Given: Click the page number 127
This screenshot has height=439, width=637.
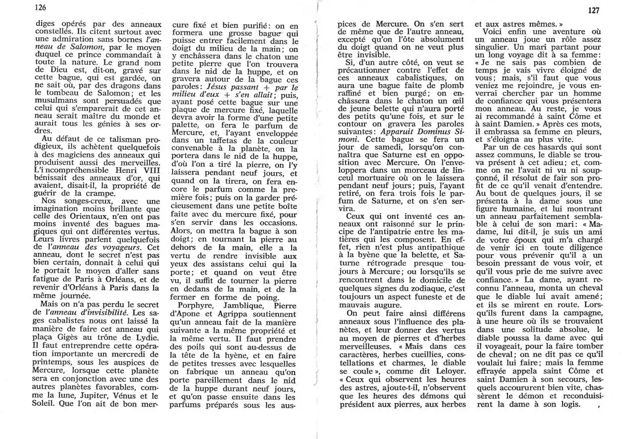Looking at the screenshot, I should (x=593, y=10).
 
